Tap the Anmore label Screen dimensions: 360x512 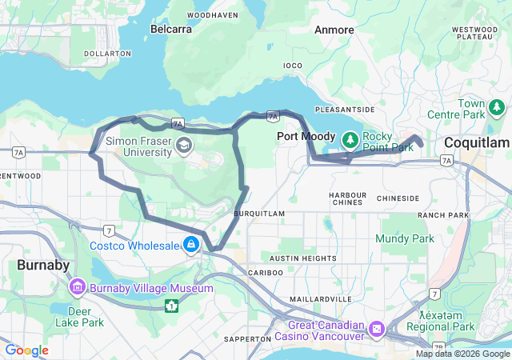coord(334,30)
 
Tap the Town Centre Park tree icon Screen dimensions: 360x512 coord(498,106)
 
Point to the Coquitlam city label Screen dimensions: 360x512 coord(477,142)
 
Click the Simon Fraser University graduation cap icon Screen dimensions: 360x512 coord(185,145)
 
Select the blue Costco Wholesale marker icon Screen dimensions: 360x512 coord(192,245)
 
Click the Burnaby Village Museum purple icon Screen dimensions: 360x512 coord(78,286)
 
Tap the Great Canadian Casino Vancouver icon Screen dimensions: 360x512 coord(377,329)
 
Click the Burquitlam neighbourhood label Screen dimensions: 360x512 coord(260,214)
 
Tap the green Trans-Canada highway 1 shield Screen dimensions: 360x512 coord(171,306)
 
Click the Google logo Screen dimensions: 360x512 coord(27,350)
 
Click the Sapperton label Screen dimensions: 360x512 coord(248,339)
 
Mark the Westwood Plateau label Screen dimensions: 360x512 coord(475,33)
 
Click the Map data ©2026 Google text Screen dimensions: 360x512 coord(462,354)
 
